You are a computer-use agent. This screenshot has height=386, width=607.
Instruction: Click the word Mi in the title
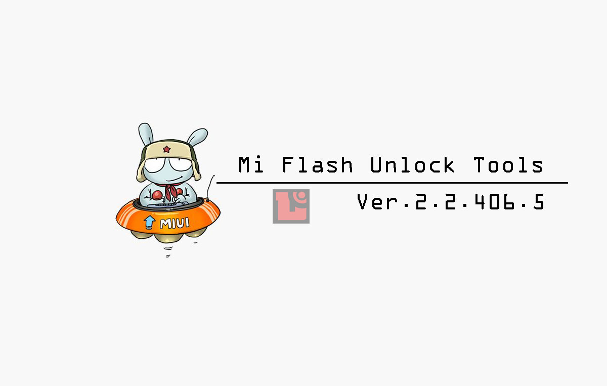(251, 165)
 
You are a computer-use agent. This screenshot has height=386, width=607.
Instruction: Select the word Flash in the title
(317, 165)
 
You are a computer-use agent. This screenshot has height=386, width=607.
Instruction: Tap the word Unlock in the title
(412, 165)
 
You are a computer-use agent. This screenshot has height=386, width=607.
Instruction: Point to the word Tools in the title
(508, 165)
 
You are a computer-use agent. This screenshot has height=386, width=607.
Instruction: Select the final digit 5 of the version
(538, 202)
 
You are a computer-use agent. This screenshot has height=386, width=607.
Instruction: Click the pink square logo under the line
(291, 206)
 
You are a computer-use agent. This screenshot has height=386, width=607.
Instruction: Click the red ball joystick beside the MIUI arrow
(158, 195)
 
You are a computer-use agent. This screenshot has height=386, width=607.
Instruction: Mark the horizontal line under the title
(392, 183)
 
